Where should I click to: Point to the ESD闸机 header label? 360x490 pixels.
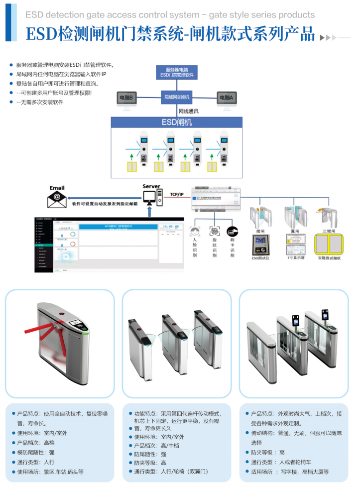pos(177,122)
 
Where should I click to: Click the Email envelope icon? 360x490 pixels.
pos(57,199)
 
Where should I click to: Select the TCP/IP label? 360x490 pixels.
pos(177,194)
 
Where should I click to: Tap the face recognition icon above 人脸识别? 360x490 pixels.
pos(195,232)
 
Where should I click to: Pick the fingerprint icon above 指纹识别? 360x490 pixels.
pos(214,232)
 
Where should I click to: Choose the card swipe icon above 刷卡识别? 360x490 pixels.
pos(232,232)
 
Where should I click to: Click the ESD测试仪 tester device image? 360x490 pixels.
pos(260,245)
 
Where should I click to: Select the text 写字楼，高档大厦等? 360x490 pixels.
pos(305,472)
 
